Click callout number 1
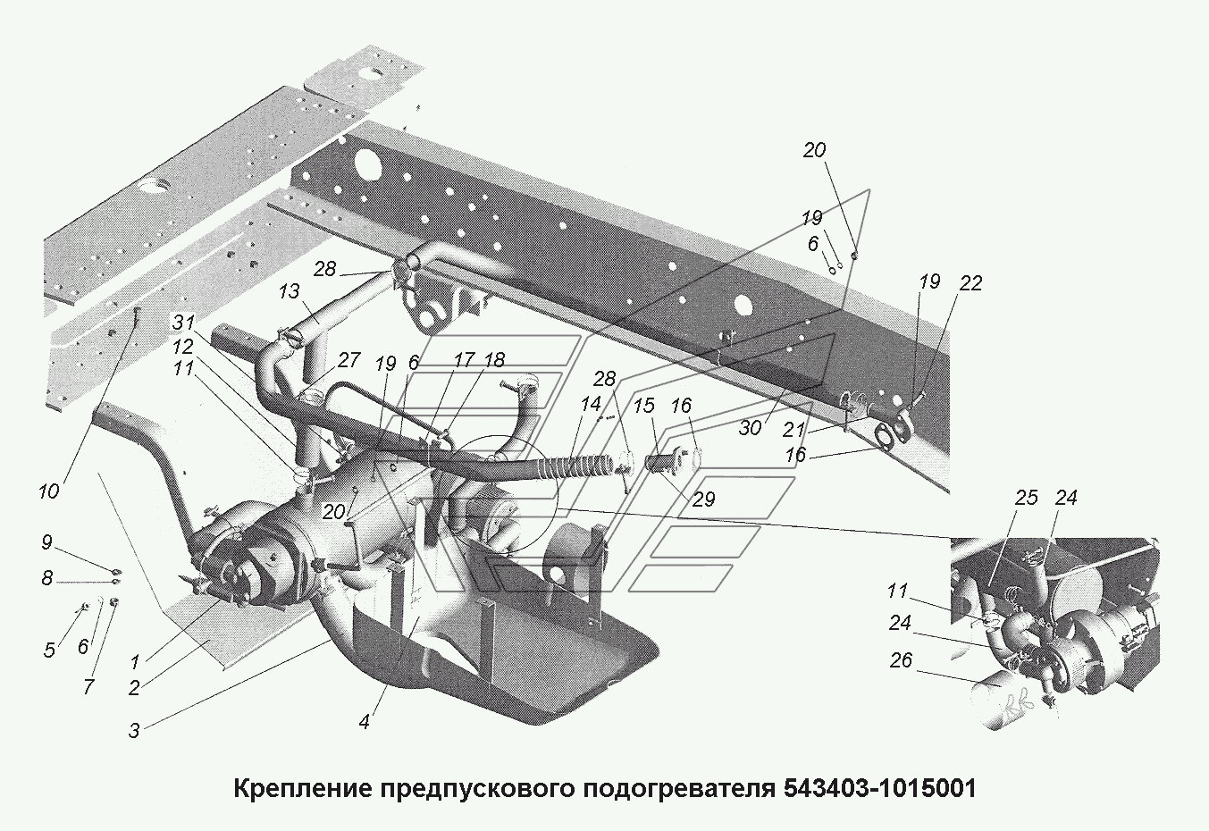[135, 662]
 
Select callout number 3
[134, 730]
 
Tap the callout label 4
[365, 722]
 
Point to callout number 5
[51, 650]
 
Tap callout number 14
[591, 403]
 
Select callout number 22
[970, 283]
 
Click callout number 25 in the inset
[1026, 497]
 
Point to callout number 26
[902, 662]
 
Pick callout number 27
[348, 360]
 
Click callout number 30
[750, 428]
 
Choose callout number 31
[184, 322]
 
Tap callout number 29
[704, 499]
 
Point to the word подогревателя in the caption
[680, 789]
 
